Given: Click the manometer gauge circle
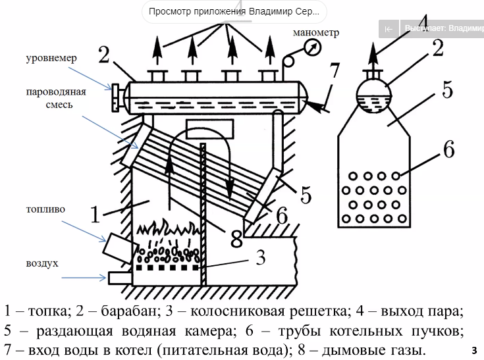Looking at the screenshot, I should (313, 47).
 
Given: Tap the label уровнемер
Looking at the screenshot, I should (52, 58).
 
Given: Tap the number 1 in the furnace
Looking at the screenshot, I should (95, 215).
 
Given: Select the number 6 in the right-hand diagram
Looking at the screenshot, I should (448, 149).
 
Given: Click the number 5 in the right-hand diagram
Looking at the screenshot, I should (447, 90).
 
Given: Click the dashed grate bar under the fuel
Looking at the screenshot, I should (167, 268).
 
